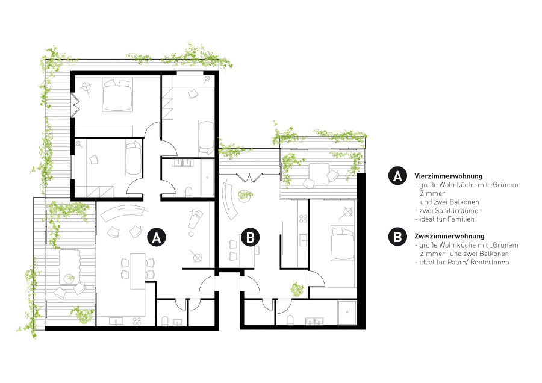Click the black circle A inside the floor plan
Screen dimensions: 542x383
point(157,237)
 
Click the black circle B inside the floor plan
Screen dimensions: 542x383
point(251,237)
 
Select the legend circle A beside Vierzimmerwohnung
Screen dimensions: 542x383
point(397,176)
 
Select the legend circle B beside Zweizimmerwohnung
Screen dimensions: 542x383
point(397,237)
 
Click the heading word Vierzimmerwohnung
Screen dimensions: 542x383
point(448,176)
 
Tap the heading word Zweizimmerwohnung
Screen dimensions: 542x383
point(449,237)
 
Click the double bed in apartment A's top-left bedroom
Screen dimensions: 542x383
point(117,95)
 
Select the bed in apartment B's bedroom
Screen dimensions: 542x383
point(343,243)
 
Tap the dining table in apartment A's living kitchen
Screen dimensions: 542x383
point(137,271)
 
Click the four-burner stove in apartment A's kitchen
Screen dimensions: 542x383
point(137,321)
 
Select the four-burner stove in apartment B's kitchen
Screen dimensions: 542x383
point(303,219)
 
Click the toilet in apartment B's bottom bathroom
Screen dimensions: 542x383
point(290,320)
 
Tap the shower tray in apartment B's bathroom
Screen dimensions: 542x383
point(347,313)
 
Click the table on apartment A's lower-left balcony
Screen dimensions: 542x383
point(70,267)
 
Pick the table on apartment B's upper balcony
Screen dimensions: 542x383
point(319,173)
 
